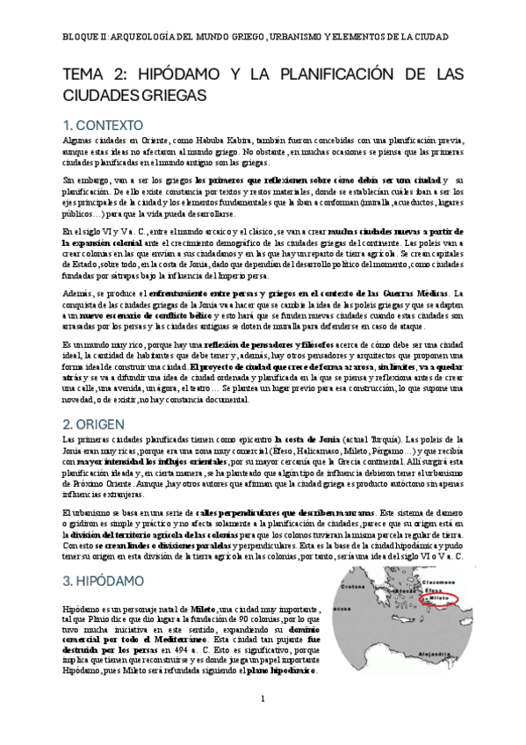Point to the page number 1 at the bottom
pyautogui.click(x=263, y=723)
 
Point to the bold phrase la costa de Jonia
pyautogui.click(x=308, y=438)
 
